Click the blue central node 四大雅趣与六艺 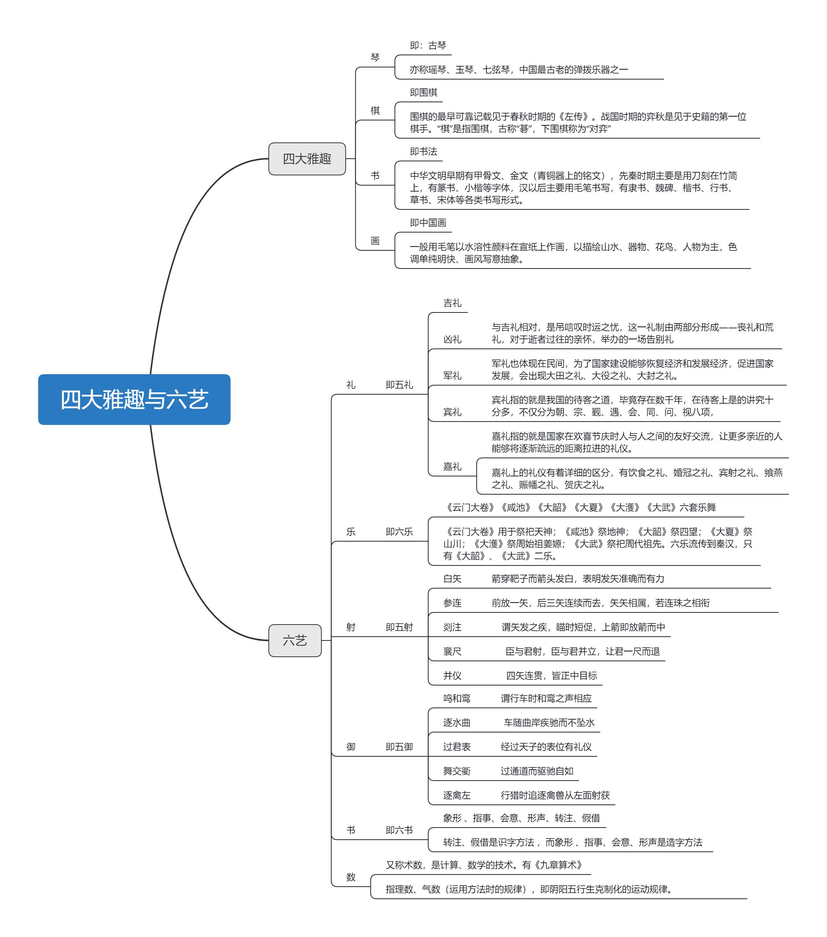tap(134, 399)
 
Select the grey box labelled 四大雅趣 tap(307, 159)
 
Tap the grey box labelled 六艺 tap(294, 640)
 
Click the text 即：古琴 tap(428, 45)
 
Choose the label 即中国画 tap(428, 223)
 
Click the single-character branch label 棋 tap(375, 111)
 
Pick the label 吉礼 tap(452, 303)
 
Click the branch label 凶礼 tap(452, 339)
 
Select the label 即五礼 tap(399, 385)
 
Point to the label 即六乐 tap(399, 532)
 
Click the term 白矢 tap(452, 578)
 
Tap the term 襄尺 tap(452, 651)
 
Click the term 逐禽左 tap(457, 795)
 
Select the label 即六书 tap(399, 830)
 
